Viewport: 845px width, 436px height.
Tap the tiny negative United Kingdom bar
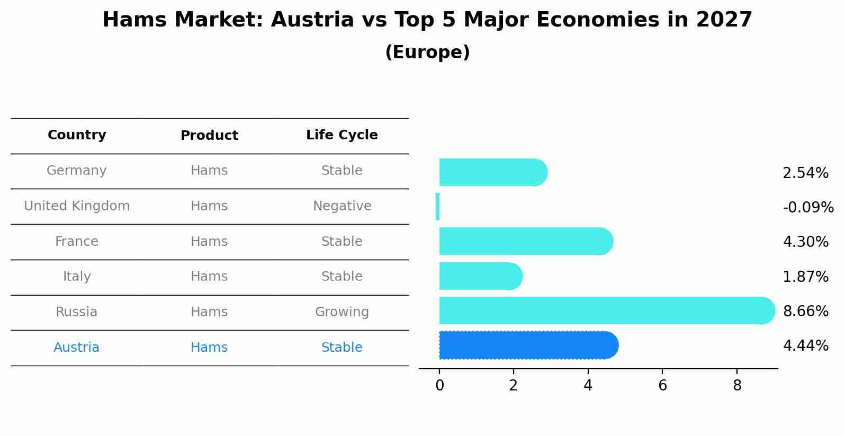[437, 207]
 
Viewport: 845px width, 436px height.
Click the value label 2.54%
[805, 173]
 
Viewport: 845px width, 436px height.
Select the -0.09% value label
[808, 207]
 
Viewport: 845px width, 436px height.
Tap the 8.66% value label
[805, 311]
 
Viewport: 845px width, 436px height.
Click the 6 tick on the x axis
[662, 386]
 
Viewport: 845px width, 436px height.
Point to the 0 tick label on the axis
[439, 386]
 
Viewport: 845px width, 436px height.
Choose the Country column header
[77, 135]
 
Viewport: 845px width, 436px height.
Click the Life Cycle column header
[342, 135]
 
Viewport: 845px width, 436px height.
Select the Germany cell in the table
[77, 171]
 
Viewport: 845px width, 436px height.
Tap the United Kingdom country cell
[77, 206]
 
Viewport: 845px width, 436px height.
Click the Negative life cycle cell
[342, 206]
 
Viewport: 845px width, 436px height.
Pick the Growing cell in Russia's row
[342, 312]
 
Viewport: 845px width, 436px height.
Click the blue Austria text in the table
[77, 348]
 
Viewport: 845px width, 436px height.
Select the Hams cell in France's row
[209, 242]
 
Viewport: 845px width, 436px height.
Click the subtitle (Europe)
[427, 52]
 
